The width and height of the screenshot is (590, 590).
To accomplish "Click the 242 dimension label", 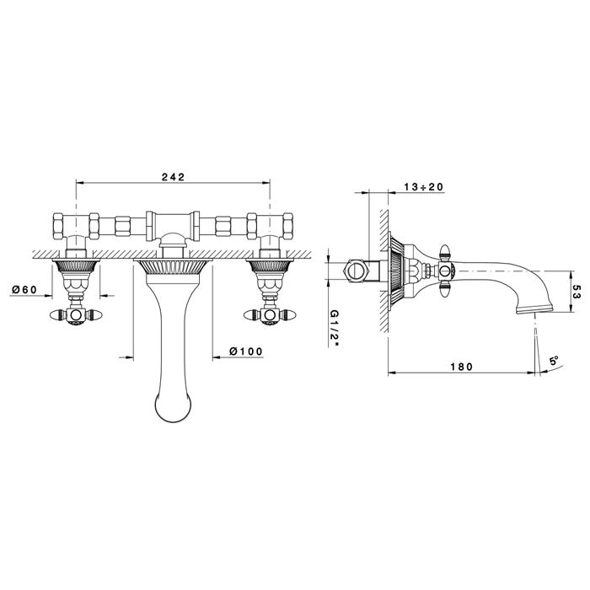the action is point(174,177).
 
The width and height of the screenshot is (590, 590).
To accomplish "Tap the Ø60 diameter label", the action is point(24,289).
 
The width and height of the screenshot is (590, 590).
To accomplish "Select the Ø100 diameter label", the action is point(246,351).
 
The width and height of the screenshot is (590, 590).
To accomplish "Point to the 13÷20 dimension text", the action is point(424,186).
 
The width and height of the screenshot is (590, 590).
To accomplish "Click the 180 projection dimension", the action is point(461,366).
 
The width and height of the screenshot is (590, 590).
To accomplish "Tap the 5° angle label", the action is point(555,362).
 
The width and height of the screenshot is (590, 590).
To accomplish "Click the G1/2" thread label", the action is point(335,326).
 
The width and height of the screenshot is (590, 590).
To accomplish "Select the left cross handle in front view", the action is point(75,314).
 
